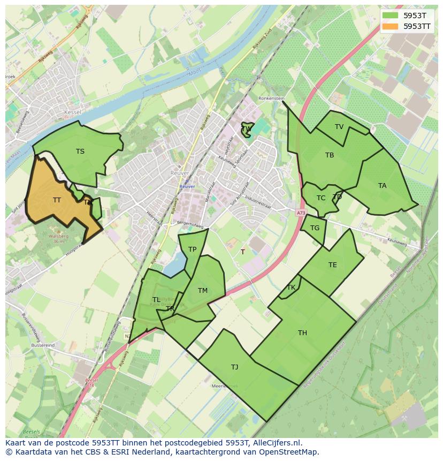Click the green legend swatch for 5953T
(390, 15)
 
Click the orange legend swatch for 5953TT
(390, 26)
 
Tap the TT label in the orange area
(57, 200)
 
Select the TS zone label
(80, 152)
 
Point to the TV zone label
(339, 127)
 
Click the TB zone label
(330, 155)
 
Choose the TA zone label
(382, 186)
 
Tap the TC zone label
(321, 198)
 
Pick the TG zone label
(315, 228)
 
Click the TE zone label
(333, 265)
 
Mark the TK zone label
(291, 288)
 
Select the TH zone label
(302, 333)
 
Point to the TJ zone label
(234, 367)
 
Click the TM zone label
(202, 291)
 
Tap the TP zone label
(192, 250)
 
